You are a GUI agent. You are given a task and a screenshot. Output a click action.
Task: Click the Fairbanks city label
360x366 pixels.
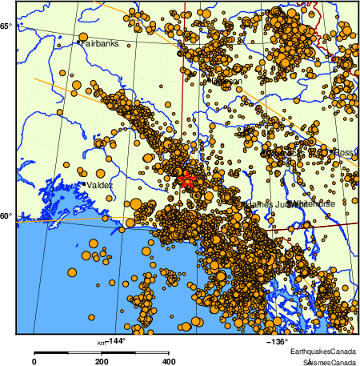click(x=98, y=42)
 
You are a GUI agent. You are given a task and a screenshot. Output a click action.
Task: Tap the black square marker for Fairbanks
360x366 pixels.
click(x=78, y=41)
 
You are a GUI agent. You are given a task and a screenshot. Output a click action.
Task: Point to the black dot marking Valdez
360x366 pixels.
click(x=83, y=184)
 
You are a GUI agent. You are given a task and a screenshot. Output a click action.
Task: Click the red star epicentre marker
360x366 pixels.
click(x=188, y=179)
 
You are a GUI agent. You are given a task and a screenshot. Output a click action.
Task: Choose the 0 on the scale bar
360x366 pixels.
click(x=34, y=361)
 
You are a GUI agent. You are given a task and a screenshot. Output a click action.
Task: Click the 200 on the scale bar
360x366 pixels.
click(x=102, y=361)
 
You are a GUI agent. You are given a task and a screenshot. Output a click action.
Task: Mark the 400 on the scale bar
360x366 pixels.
click(x=169, y=361)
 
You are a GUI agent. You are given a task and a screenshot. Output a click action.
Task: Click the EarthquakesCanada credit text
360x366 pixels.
click(x=323, y=352)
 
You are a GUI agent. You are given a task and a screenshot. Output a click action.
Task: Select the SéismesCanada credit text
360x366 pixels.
click(x=324, y=361)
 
